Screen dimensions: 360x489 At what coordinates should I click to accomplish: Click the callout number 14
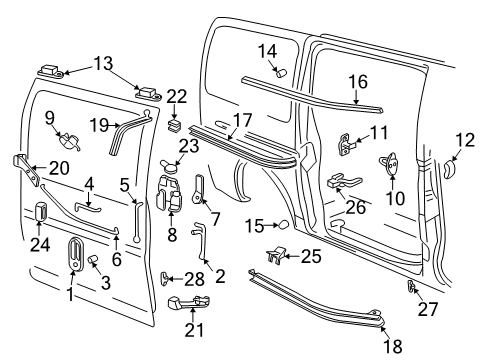tap(267, 51)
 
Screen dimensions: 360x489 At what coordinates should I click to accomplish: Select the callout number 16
tap(357, 81)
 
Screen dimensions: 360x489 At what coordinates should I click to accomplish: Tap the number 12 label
tap(465, 139)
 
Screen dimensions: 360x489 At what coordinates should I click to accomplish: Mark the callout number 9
tap(49, 117)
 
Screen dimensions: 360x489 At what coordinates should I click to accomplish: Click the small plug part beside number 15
tap(283, 224)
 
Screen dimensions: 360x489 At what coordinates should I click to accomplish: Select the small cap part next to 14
tap(279, 72)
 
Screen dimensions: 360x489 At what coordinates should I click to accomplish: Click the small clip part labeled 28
tap(167, 277)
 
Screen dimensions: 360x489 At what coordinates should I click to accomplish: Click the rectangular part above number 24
tap(42, 213)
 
